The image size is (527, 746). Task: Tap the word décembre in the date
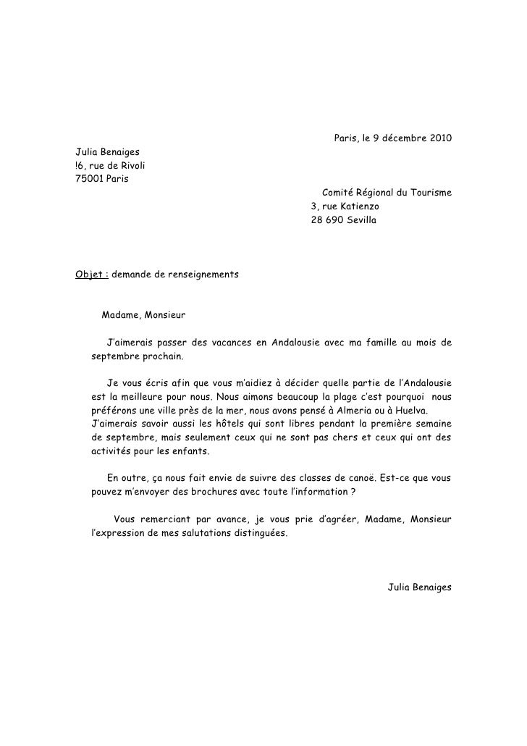[x=401, y=138]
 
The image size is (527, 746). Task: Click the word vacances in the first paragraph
[x=222, y=343]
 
